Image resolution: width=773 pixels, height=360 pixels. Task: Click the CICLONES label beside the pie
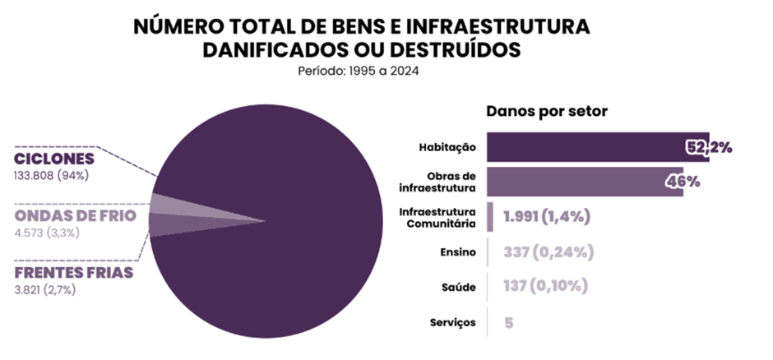click(54, 159)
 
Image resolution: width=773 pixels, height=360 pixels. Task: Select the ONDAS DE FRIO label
click(75, 215)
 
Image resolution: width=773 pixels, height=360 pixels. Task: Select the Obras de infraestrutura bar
click(584, 182)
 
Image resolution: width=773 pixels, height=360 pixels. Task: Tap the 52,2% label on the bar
click(709, 148)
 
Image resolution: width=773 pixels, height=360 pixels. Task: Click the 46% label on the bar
click(682, 182)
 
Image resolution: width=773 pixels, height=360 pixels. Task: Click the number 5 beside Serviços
click(509, 322)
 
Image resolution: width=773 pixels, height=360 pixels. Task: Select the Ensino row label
click(458, 252)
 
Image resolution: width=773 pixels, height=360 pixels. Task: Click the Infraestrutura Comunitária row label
click(437, 218)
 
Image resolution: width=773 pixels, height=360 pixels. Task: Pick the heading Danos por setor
click(546, 111)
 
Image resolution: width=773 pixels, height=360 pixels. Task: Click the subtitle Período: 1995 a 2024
click(359, 71)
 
